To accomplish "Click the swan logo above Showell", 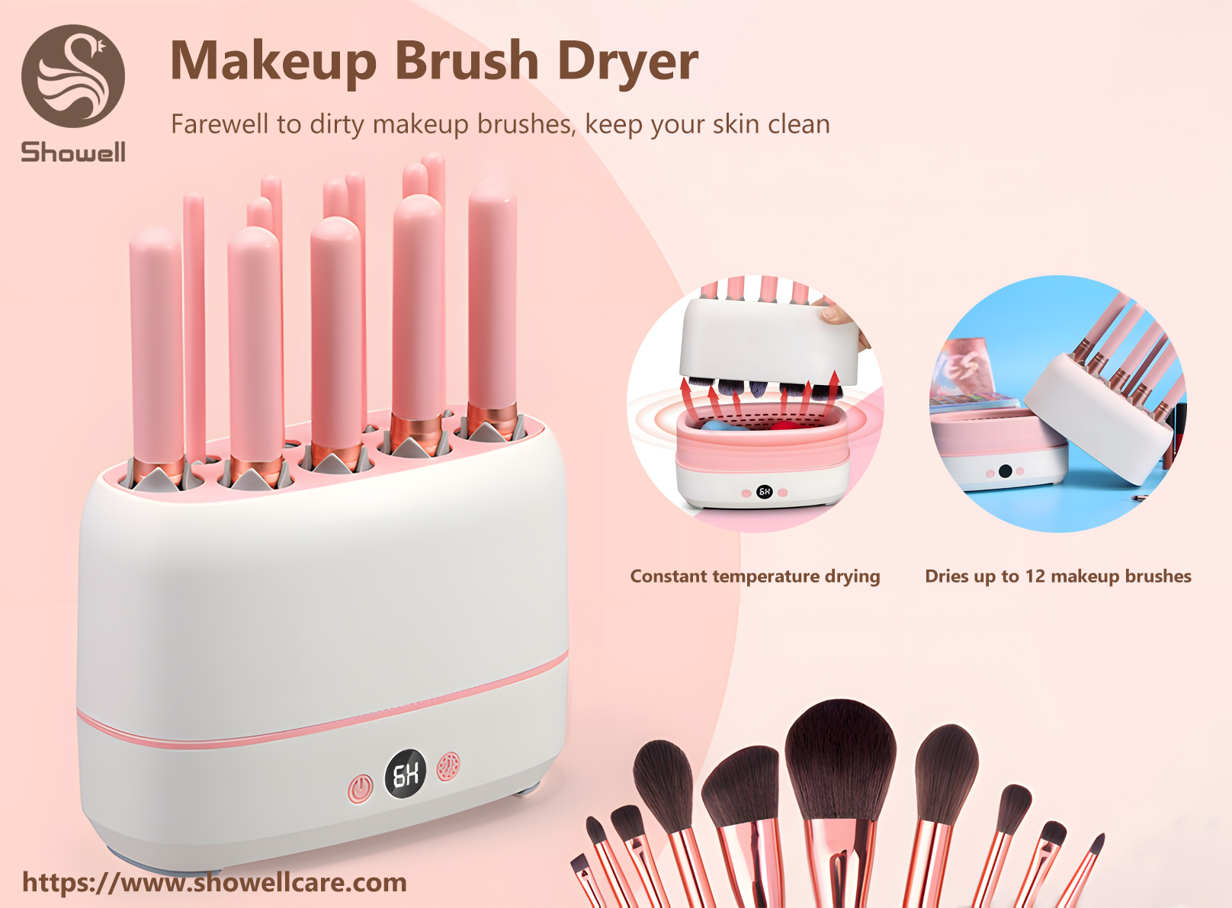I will pyautogui.click(x=73, y=75).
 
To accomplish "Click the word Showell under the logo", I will pyautogui.click(x=73, y=152).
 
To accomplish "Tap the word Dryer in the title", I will pyautogui.click(x=627, y=61).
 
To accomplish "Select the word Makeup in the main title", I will pyautogui.click(x=273, y=61).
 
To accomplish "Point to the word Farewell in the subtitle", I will pyautogui.click(x=220, y=124).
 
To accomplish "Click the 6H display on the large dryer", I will pyautogui.click(x=405, y=775).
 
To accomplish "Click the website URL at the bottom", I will pyautogui.click(x=214, y=882).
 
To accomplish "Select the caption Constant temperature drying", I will pyautogui.click(x=755, y=576).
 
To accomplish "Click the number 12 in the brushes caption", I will pyautogui.click(x=1035, y=576).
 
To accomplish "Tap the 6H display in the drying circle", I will pyautogui.click(x=765, y=492).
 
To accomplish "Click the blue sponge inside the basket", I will pyautogui.click(x=717, y=425).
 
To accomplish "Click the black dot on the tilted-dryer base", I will pyautogui.click(x=1005, y=471).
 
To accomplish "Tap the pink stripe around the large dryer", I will pyautogui.click(x=320, y=728).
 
